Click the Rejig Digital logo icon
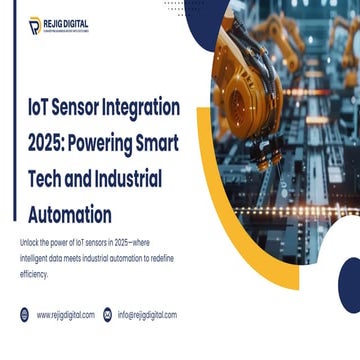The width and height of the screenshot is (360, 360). [34, 24]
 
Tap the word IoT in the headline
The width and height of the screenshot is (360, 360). [38, 107]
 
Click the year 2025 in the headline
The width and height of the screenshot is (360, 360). [45, 142]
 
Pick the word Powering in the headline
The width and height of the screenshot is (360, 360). [109, 142]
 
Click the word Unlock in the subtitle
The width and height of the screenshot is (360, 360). [31, 242]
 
